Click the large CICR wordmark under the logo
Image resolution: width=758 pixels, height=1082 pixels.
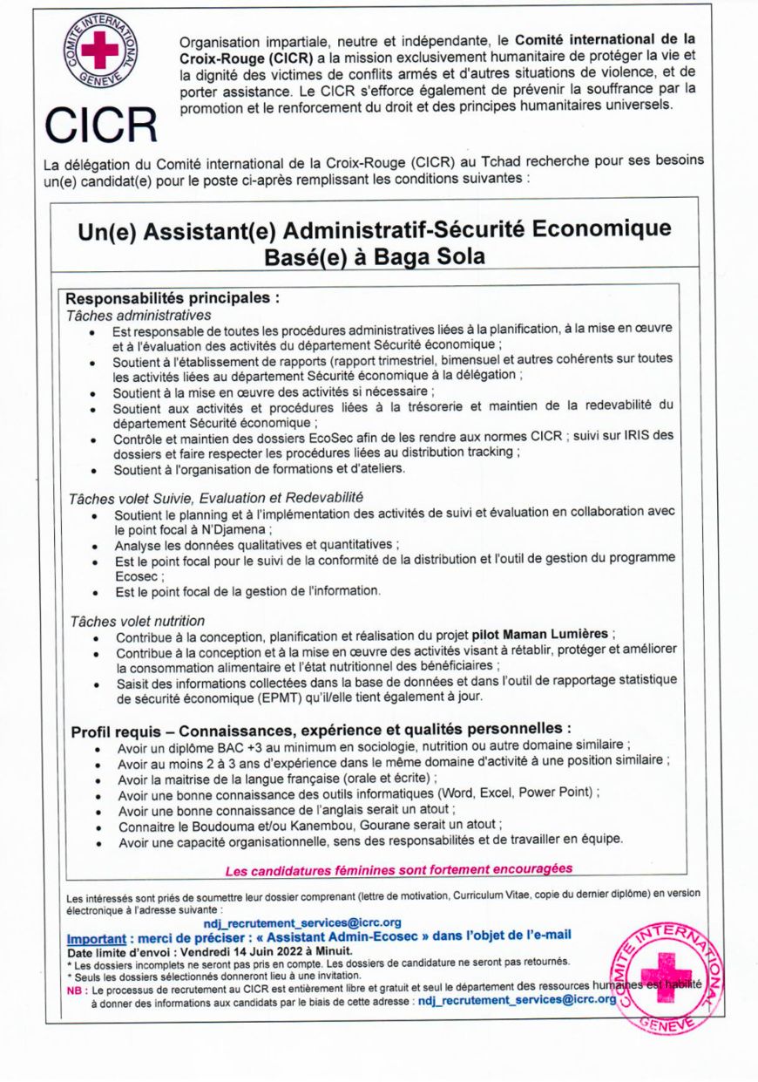click(x=101, y=125)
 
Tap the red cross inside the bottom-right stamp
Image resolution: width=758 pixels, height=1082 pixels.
click(x=670, y=972)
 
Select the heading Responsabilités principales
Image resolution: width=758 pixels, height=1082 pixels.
click(x=173, y=297)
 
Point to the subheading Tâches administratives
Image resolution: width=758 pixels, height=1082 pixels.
click(x=139, y=314)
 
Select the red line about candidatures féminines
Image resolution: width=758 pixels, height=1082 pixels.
click(x=399, y=869)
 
